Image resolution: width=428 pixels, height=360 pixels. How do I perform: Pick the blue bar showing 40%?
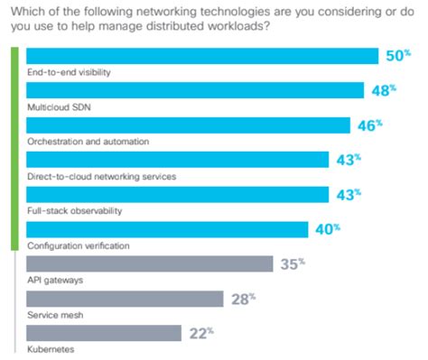[168, 229]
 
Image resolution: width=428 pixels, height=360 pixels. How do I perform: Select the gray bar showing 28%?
[126, 298]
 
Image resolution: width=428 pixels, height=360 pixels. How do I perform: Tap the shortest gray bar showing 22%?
[105, 332]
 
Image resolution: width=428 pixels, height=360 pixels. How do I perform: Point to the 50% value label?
[399, 56]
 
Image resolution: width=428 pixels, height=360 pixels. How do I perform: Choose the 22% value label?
[200, 332]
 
